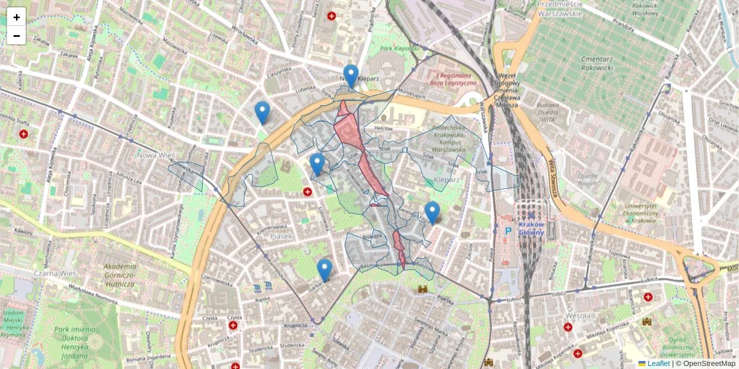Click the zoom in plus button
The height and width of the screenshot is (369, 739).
[17, 17]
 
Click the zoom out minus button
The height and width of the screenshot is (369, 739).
[17, 36]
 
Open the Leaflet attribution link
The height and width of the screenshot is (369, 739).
[658, 363]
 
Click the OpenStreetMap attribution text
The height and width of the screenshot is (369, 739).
[709, 363]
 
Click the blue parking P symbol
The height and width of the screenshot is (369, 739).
[508, 231]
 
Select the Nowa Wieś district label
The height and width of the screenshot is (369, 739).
[148, 156]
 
